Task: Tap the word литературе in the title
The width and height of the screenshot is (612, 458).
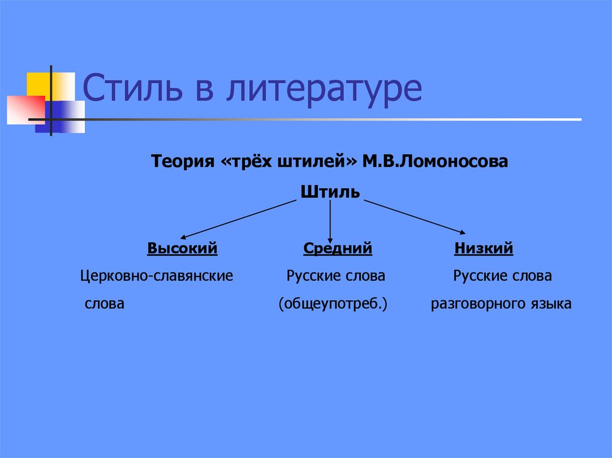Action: [323, 90]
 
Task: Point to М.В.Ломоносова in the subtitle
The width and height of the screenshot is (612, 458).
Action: [434, 162]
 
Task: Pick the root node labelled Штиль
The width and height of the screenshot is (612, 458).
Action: [331, 192]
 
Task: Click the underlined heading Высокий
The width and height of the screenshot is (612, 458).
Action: [182, 248]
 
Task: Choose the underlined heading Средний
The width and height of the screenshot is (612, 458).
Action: [338, 248]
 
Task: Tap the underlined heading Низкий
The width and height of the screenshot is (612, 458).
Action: [484, 248]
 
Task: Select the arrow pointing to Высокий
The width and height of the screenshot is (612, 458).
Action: [239, 219]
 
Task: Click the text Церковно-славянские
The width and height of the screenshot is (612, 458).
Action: [157, 276]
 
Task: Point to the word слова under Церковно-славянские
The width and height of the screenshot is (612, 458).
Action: [105, 304]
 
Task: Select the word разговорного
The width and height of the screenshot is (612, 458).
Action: [475, 304]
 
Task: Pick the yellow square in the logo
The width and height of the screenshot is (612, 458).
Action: [43, 84]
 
